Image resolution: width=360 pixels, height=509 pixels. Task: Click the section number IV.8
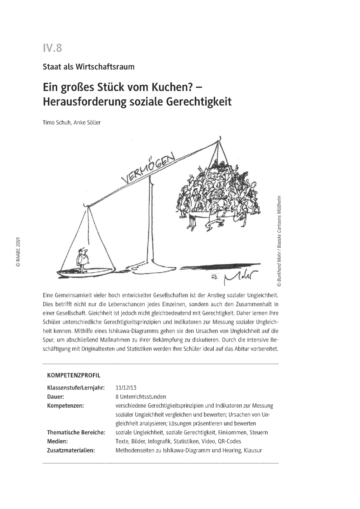click(x=52, y=48)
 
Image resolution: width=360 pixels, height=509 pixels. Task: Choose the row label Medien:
click(x=57, y=441)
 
